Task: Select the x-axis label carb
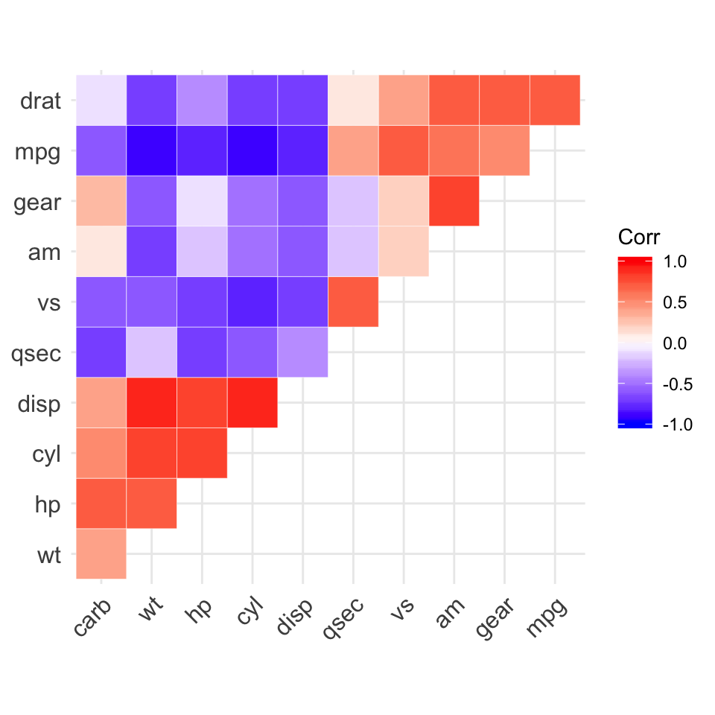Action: click(x=93, y=617)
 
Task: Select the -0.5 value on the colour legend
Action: click(x=675, y=384)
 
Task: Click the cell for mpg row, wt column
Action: click(x=152, y=151)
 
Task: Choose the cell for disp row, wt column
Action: click(x=152, y=403)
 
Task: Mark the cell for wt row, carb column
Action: click(x=101, y=553)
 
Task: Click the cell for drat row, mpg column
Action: click(x=555, y=101)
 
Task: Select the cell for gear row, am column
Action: click(x=454, y=201)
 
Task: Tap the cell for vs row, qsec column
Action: click(x=353, y=302)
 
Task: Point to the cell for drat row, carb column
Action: click(x=101, y=101)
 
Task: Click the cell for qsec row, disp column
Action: click(x=303, y=352)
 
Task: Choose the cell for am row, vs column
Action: click(x=404, y=252)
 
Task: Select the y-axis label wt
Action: click(x=49, y=554)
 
